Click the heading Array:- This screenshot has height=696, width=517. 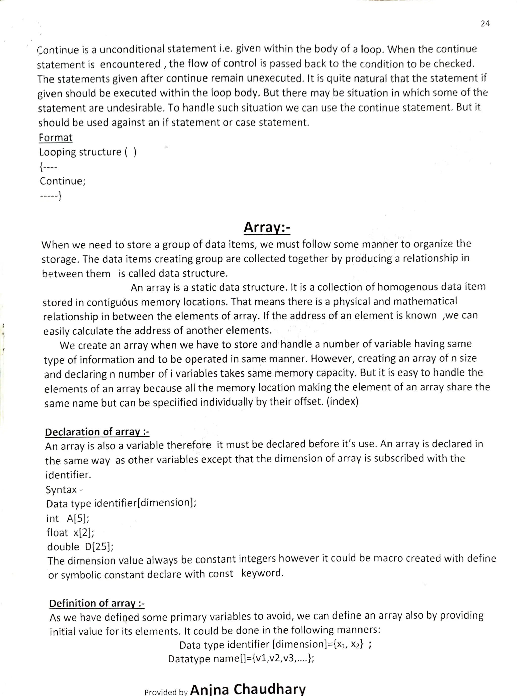[267, 227]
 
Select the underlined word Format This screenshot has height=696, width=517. [55, 138]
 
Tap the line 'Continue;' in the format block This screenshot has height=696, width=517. [63, 181]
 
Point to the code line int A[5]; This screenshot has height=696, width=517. [68, 518]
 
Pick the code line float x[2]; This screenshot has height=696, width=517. [70, 532]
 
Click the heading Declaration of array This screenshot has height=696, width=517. [97, 432]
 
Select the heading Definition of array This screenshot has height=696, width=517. [97, 603]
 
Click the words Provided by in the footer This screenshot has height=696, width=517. [166, 692]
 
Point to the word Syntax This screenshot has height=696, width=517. [61, 490]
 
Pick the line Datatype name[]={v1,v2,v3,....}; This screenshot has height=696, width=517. [241, 659]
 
